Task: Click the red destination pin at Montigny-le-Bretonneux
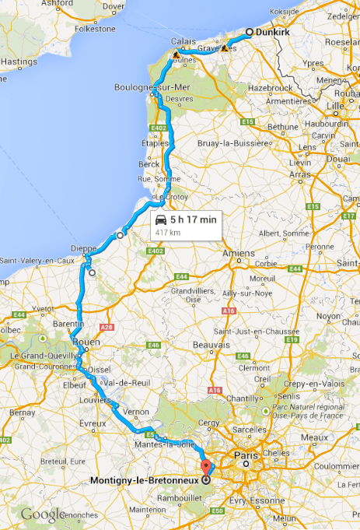pyautogui.click(x=206, y=469)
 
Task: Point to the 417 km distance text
pyautogui.click(x=168, y=232)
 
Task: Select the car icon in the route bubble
pyautogui.click(x=161, y=219)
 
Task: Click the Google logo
pyautogui.click(x=43, y=514)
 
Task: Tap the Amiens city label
pyautogui.click(x=238, y=253)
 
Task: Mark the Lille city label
pyautogui.click(x=336, y=106)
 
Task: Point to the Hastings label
pyautogui.click(x=15, y=60)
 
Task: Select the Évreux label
pyautogui.click(x=93, y=423)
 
